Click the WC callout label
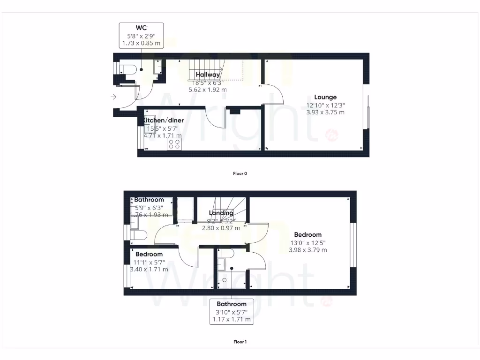click(141, 35)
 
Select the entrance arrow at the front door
click(113, 97)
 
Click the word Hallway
click(208, 75)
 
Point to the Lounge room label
click(325, 97)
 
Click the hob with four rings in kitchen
click(174, 144)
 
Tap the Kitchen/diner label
click(164, 120)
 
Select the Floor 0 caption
click(240, 173)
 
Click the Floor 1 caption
click(240, 342)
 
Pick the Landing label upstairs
click(221, 213)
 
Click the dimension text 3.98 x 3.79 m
click(308, 250)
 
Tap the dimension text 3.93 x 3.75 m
click(325, 112)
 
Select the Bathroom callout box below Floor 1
click(232, 312)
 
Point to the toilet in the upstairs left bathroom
click(139, 235)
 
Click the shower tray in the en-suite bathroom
click(224, 279)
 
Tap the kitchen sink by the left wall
click(150, 119)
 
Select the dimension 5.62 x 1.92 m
click(208, 90)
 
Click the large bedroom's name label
click(308, 234)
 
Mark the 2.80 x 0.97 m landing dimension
click(221, 228)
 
